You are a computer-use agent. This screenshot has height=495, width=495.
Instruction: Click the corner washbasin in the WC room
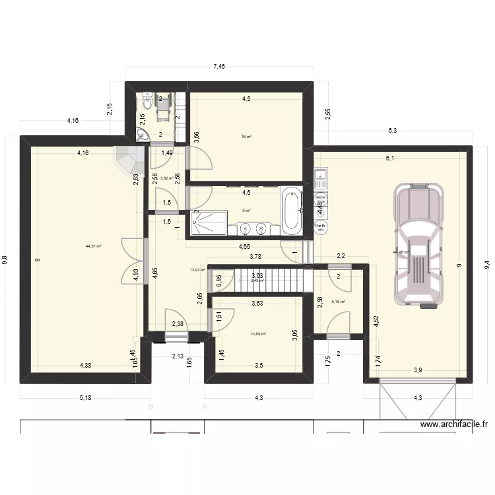(x=140, y=135)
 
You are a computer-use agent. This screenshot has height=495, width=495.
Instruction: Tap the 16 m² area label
(x=246, y=137)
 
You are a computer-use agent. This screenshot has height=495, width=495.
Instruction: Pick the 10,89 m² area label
(x=258, y=334)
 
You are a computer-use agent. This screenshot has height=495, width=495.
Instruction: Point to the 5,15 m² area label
(x=338, y=302)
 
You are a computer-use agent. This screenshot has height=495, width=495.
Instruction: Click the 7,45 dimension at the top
(x=218, y=66)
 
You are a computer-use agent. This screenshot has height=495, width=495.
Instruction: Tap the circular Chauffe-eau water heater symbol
(x=321, y=226)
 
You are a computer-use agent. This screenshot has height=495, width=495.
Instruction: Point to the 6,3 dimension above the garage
(x=392, y=131)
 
